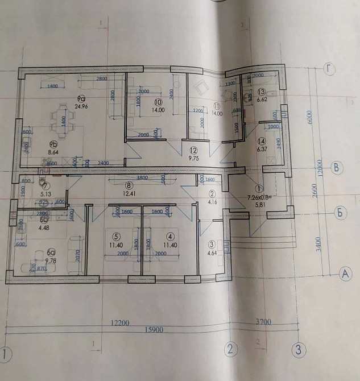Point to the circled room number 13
pos(262,92)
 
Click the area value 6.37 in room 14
pos(262,150)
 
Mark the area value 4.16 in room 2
pos(212,201)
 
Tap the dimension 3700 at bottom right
pos(263,322)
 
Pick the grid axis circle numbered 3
pos(298,349)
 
